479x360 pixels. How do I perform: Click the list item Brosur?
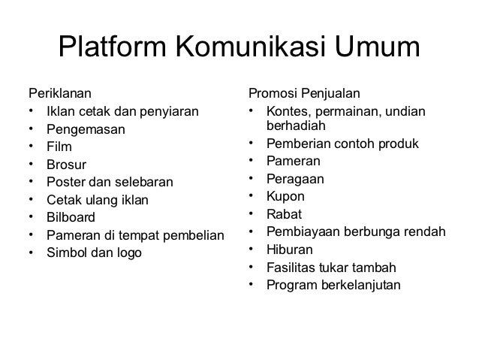pos(65,165)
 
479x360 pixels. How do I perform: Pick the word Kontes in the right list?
pos(285,112)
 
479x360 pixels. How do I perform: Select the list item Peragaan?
pos(291,180)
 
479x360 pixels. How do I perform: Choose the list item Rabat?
pos(283,214)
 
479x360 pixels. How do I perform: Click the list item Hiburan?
pos(287,249)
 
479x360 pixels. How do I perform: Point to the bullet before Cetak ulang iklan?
pos(31,200)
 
